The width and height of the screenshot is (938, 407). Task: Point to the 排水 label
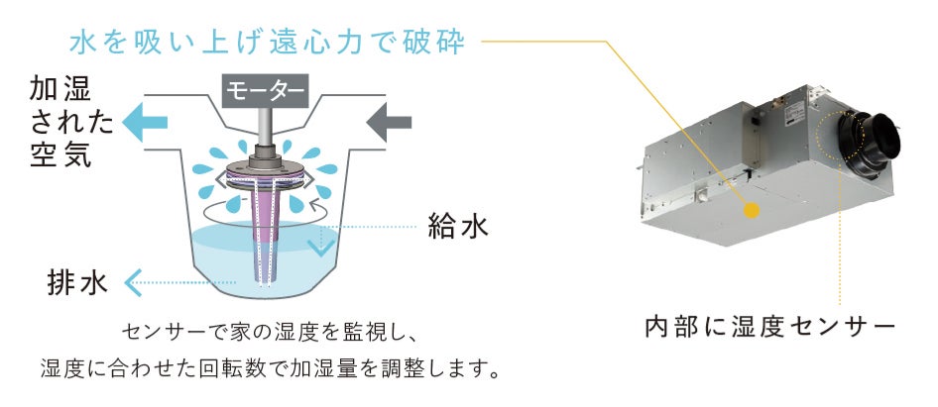(x=76, y=282)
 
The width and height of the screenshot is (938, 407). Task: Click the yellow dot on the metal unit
(x=751, y=210)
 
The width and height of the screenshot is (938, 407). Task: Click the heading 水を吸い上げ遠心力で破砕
(x=274, y=43)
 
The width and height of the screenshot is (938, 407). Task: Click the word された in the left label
(x=60, y=124)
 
